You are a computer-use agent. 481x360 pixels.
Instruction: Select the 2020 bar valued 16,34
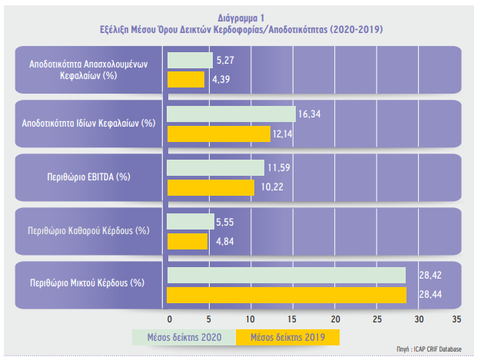[231, 114]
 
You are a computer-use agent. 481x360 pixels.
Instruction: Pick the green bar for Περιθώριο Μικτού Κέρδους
[286, 275]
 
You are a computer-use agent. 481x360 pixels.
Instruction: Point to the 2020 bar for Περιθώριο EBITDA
[215, 167]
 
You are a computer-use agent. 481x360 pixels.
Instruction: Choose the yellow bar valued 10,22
[211, 187]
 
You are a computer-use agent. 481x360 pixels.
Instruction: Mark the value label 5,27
[226, 59]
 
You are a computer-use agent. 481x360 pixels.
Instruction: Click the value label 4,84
[221, 241]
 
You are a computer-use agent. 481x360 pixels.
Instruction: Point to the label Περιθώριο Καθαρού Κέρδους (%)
[88, 230]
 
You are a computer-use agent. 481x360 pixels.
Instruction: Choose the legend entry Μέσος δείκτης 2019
[287, 338]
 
